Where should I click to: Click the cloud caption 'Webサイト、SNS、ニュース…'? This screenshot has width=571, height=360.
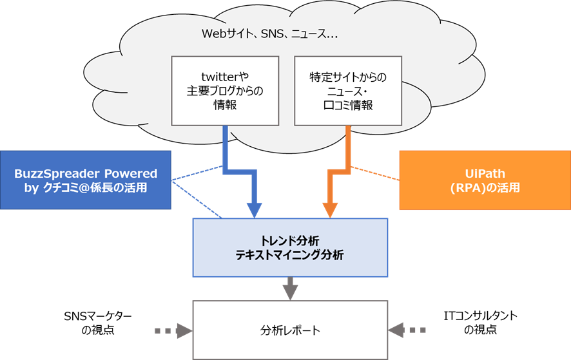[269, 34]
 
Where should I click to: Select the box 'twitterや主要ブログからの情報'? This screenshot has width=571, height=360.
[225, 91]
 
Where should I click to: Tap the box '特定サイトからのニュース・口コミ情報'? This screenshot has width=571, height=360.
[348, 91]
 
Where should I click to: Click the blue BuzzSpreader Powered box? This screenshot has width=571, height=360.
[86, 180]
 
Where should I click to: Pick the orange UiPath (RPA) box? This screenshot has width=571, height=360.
[485, 180]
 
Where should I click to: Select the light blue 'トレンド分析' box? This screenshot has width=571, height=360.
[290, 247]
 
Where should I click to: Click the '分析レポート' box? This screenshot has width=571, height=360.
[290, 330]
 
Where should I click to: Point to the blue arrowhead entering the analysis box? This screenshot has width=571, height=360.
[254, 210]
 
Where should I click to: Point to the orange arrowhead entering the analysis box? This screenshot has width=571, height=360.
[330, 210]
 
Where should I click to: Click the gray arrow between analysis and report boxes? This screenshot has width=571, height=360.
[290, 289]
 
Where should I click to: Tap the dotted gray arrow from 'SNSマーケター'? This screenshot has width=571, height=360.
[173, 331]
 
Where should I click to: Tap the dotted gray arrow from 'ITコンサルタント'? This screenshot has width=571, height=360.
[407, 330]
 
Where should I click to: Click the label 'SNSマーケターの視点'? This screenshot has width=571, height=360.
[97, 323]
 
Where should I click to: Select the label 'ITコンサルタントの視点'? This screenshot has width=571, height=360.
[480, 323]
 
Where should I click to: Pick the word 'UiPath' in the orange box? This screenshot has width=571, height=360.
[485, 173]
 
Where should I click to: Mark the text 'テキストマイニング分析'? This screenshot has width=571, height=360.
[289, 255]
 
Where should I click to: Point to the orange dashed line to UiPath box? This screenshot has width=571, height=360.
[374, 173]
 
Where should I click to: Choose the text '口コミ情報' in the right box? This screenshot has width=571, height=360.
[348, 105]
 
